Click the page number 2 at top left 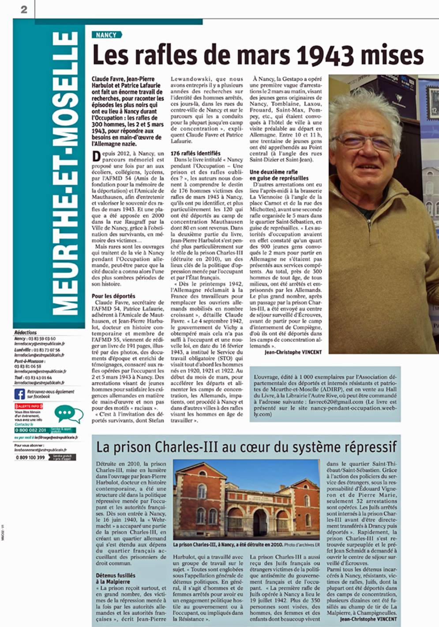point(24,9)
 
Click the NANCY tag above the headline point(106,35)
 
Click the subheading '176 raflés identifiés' point(195,153)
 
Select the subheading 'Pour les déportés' point(113,296)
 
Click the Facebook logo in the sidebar point(20,393)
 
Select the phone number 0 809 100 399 point(30,457)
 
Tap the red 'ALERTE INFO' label point(29,406)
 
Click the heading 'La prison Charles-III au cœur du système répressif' point(246,447)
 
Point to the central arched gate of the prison point(260,522)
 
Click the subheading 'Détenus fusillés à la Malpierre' point(116,579)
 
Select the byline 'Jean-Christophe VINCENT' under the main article point(293,352)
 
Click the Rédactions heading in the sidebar point(26,333)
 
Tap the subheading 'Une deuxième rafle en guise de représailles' point(279,175)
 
